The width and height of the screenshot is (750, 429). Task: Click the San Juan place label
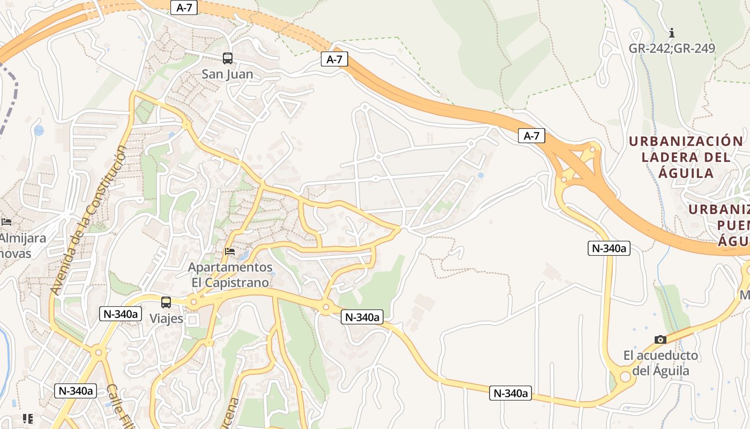tap(227, 74)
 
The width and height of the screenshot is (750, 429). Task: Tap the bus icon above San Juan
tap(228, 58)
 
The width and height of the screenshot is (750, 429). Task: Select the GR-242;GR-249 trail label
tap(672, 48)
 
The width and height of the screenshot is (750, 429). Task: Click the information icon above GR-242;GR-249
tap(672, 33)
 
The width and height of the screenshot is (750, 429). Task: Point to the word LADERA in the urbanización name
tap(666, 157)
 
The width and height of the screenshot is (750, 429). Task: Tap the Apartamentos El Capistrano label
tap(230, 274)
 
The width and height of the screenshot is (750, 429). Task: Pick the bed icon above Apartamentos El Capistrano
tap(230, 251)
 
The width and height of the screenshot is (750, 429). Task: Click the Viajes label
tap(166, 319)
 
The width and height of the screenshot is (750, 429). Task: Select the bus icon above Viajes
tap(166, 302)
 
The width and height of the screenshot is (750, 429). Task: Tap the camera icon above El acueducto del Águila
tap(661, 339)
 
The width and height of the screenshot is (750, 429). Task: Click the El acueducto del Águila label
tap(661, 363)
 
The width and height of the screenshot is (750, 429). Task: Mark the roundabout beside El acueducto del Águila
tap(625, 376)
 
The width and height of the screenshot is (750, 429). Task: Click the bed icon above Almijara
tap(6, 221)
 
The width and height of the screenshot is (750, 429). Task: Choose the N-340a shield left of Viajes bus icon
tap(120, 314)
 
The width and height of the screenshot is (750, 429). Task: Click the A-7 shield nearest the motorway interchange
tap(531, 136)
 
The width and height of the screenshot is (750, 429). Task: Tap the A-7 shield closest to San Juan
tap(334, 60)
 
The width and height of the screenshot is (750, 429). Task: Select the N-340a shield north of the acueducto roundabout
tap(609, 248)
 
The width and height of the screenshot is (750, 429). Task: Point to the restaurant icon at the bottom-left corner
tap(28, 419)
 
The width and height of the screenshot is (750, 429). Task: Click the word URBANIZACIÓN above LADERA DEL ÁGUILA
tap(686, 142)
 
